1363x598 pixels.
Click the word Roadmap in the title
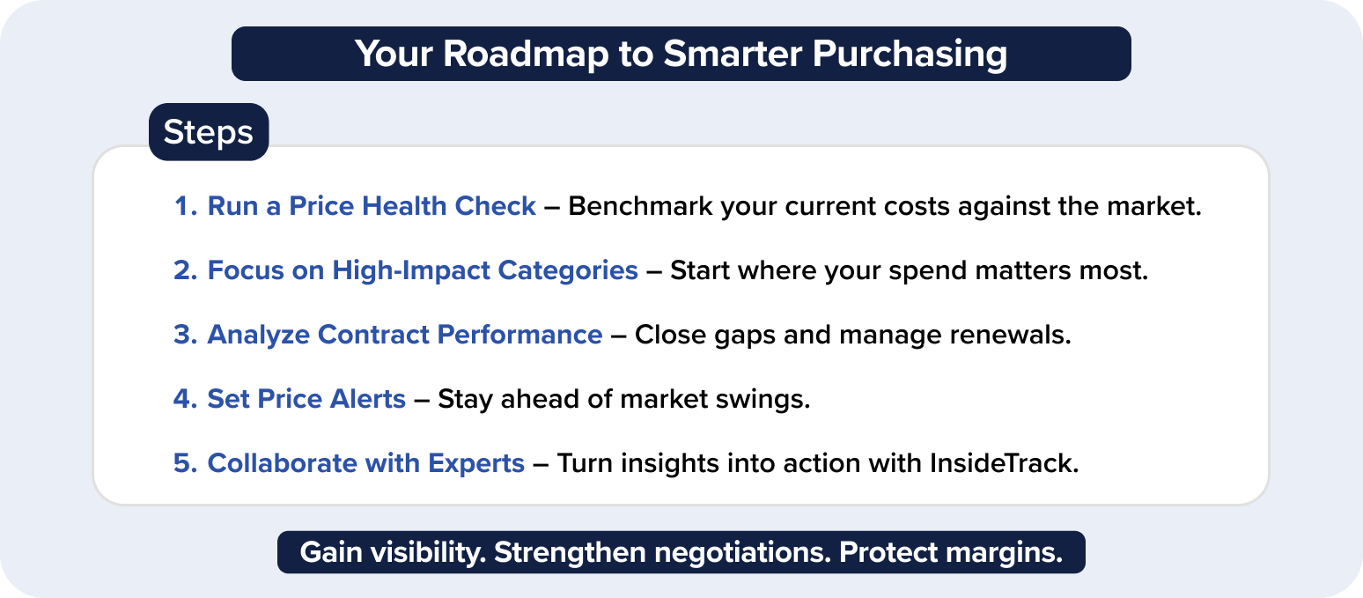coord(526,54)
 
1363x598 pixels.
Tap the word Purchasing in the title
coord(909,55)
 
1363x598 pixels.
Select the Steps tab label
coord(208,133)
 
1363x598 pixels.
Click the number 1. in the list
coord(186,206)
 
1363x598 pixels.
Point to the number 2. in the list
coord(186,270)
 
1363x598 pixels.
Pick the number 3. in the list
coord(186,335)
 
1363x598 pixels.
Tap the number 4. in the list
coord(186,399)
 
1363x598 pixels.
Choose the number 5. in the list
coord(186,463)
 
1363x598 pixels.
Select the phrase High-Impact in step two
coord(410,271)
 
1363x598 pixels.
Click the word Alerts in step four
coord(367,399)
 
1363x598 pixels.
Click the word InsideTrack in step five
coord(1004,463)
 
